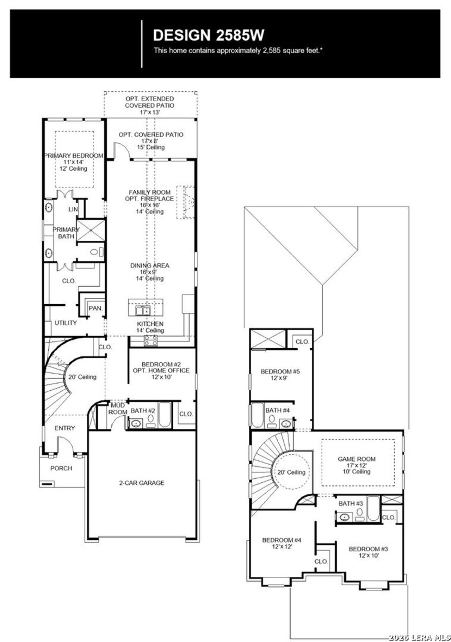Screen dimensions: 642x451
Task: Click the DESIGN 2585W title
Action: (209, 35)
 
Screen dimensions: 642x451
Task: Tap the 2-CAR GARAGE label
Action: (141, 483)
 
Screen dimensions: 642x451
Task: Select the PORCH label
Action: (61, 468)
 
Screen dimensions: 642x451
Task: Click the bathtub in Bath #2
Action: (165, 415)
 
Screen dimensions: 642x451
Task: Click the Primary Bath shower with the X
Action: (91, 230)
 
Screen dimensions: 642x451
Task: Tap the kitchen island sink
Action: (143, 310)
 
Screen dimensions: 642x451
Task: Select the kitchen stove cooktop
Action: (151, 340)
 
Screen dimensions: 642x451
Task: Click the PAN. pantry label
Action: (95, 308)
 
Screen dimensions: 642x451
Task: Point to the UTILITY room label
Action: (66, 323)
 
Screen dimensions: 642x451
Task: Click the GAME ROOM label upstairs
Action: (357, 459)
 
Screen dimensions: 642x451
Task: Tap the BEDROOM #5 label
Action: (280, 371)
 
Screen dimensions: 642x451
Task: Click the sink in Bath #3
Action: (344, 517)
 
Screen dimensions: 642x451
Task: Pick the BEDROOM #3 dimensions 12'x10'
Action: (368, 555)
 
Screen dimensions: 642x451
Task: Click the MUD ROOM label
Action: (117, 409)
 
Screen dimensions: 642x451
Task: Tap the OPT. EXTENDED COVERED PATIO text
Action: (149, 102)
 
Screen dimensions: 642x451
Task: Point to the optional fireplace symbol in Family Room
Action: (186, 202)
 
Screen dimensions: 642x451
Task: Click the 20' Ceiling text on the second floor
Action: (291, 472)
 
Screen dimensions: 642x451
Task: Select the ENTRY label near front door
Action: (64, 428)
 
